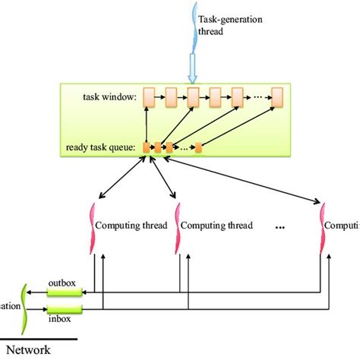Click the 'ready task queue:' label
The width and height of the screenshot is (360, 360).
click(x=100, y=147)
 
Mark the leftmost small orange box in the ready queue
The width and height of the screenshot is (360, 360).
click(x=147, y=147)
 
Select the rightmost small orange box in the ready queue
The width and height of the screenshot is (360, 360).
click(x=198, y=147)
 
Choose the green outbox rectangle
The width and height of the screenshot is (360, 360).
click(x=64, y=292)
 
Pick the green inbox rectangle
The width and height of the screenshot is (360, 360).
click(x=63, y=310)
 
